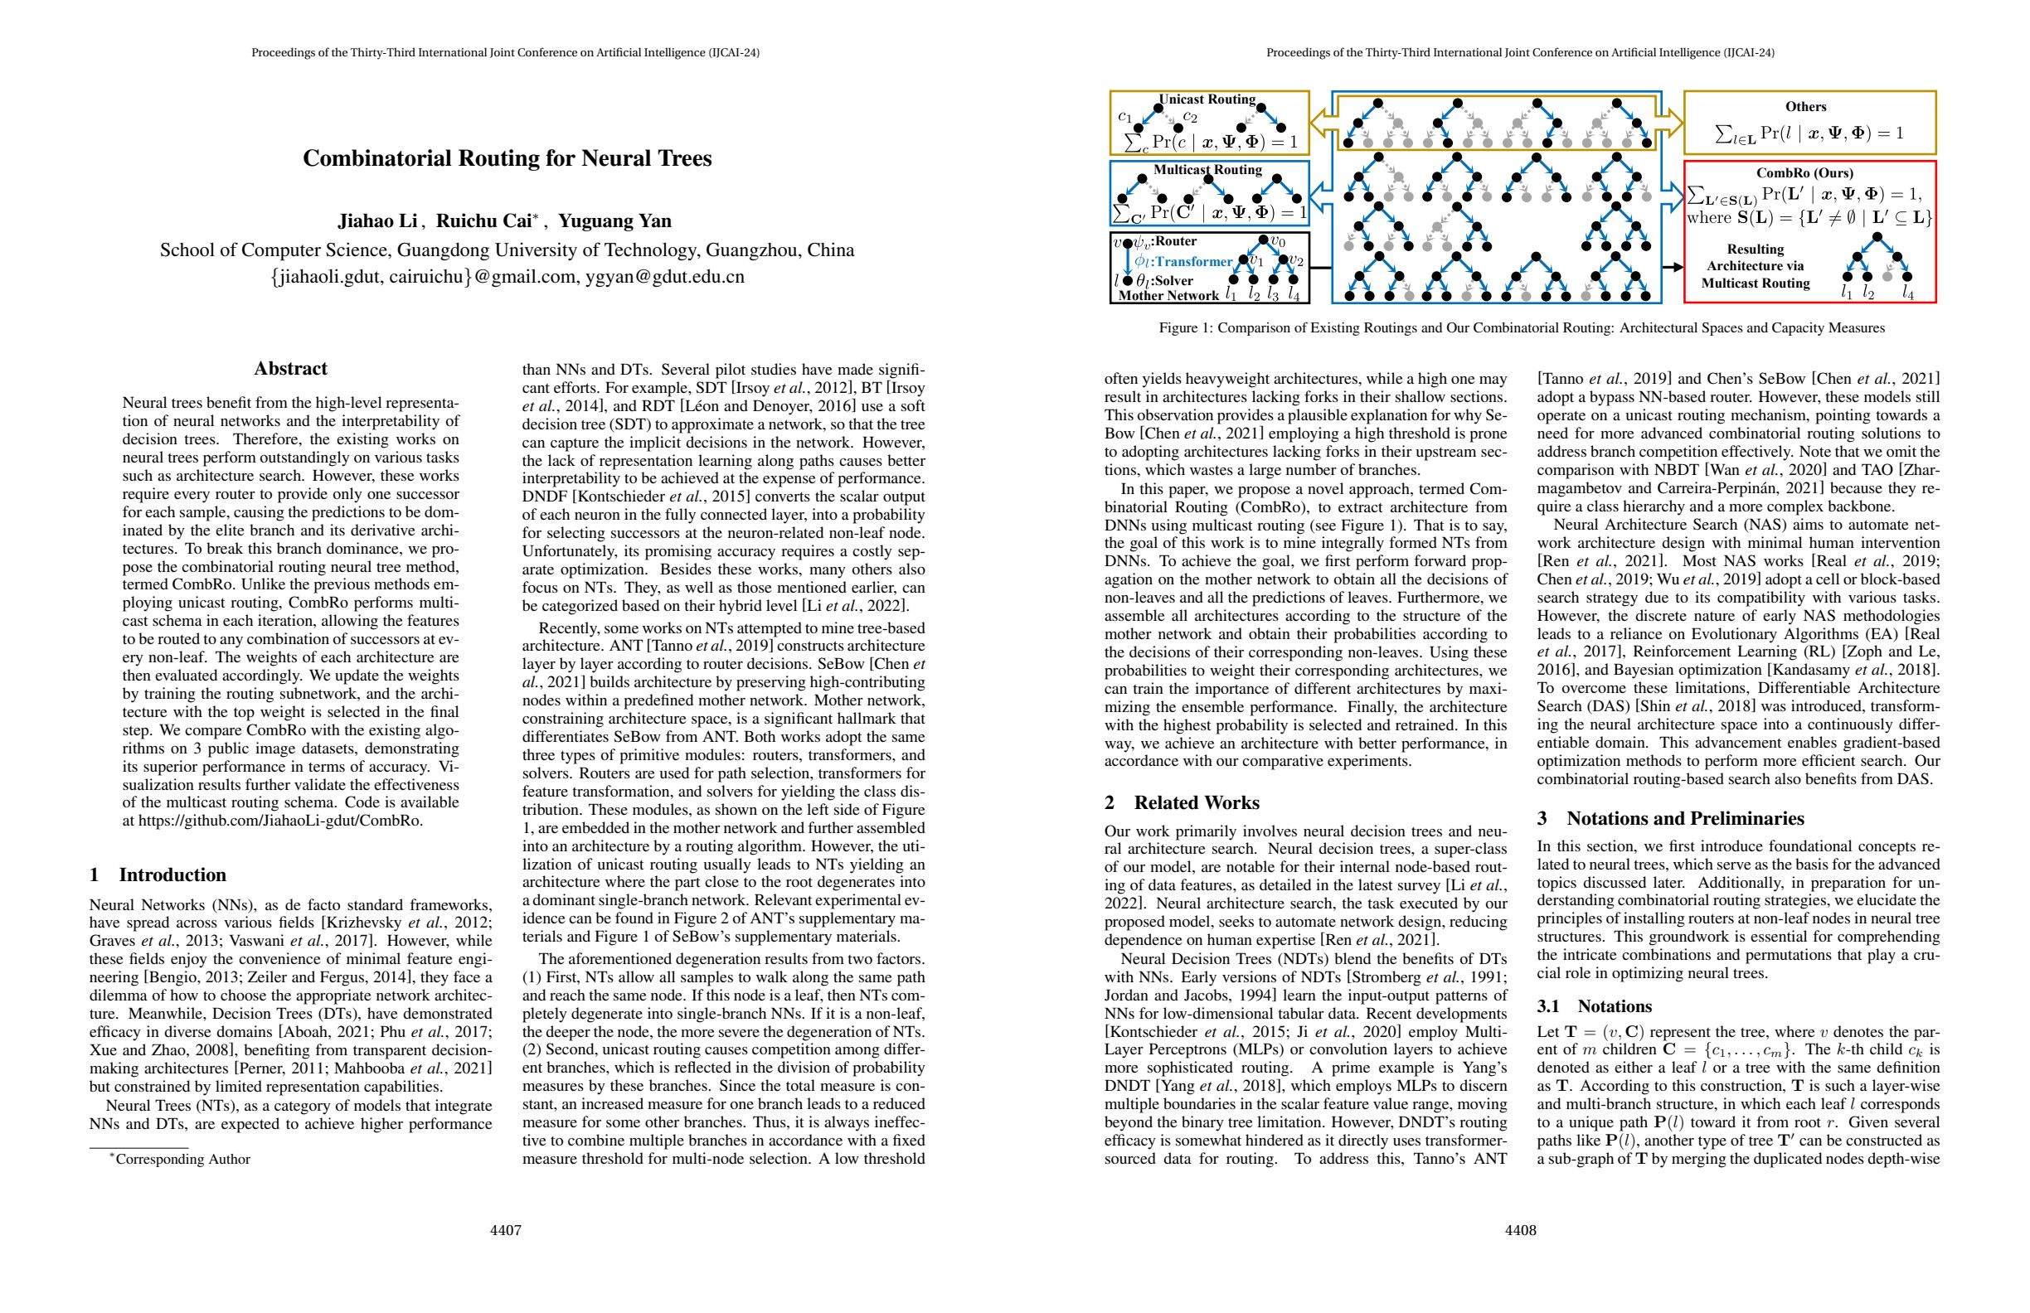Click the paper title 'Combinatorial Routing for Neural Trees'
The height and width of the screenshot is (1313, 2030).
click(507, 158)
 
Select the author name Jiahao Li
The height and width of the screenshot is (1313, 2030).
click(377, 220)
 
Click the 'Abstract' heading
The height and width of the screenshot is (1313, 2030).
click(290, 368)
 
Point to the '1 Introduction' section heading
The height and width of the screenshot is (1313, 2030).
click(158, 875)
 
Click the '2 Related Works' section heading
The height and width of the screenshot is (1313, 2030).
click(1182, 802)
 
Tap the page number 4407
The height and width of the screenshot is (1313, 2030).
click(505, 1230)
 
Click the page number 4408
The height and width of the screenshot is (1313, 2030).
click(1521, 1230)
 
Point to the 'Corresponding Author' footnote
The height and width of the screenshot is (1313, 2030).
click(182, 1159)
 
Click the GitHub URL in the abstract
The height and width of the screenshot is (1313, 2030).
click(280, 821)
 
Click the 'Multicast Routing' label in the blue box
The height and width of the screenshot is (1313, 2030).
click(1207, 170)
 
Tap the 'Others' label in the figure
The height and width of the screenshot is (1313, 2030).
click(1805, 107)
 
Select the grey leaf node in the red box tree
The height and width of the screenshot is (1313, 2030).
click(1887, 276)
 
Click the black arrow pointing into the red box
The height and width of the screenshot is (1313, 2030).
click(1673, 267)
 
